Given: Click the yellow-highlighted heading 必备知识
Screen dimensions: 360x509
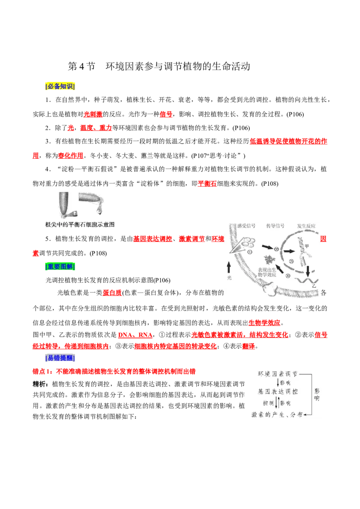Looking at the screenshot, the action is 60,86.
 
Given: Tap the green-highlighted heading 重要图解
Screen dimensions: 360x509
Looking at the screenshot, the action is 60,267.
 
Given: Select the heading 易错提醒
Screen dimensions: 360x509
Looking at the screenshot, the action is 60,358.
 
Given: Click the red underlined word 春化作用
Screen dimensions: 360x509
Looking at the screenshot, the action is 71,156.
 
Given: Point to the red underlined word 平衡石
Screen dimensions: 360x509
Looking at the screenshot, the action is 207,183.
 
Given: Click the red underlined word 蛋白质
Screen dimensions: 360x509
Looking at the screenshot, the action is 112,292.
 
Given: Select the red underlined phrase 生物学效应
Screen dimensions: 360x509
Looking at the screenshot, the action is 264,323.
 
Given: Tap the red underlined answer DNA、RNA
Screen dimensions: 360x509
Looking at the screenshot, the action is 135,335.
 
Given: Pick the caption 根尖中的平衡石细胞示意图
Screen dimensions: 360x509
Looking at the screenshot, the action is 80,224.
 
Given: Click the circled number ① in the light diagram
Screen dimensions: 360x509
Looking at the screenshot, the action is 250,252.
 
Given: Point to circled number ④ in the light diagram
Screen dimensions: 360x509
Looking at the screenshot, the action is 288,276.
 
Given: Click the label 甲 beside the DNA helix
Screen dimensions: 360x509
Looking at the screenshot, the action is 306,246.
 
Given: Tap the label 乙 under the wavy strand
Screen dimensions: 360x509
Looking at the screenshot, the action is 314,286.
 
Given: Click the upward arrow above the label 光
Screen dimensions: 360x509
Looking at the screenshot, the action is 229,268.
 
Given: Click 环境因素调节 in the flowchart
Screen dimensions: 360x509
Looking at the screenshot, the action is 278,374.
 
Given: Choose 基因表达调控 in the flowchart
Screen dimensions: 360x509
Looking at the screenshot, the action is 278,392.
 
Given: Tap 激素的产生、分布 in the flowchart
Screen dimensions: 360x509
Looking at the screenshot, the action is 277,415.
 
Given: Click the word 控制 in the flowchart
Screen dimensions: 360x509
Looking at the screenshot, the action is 268,403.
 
